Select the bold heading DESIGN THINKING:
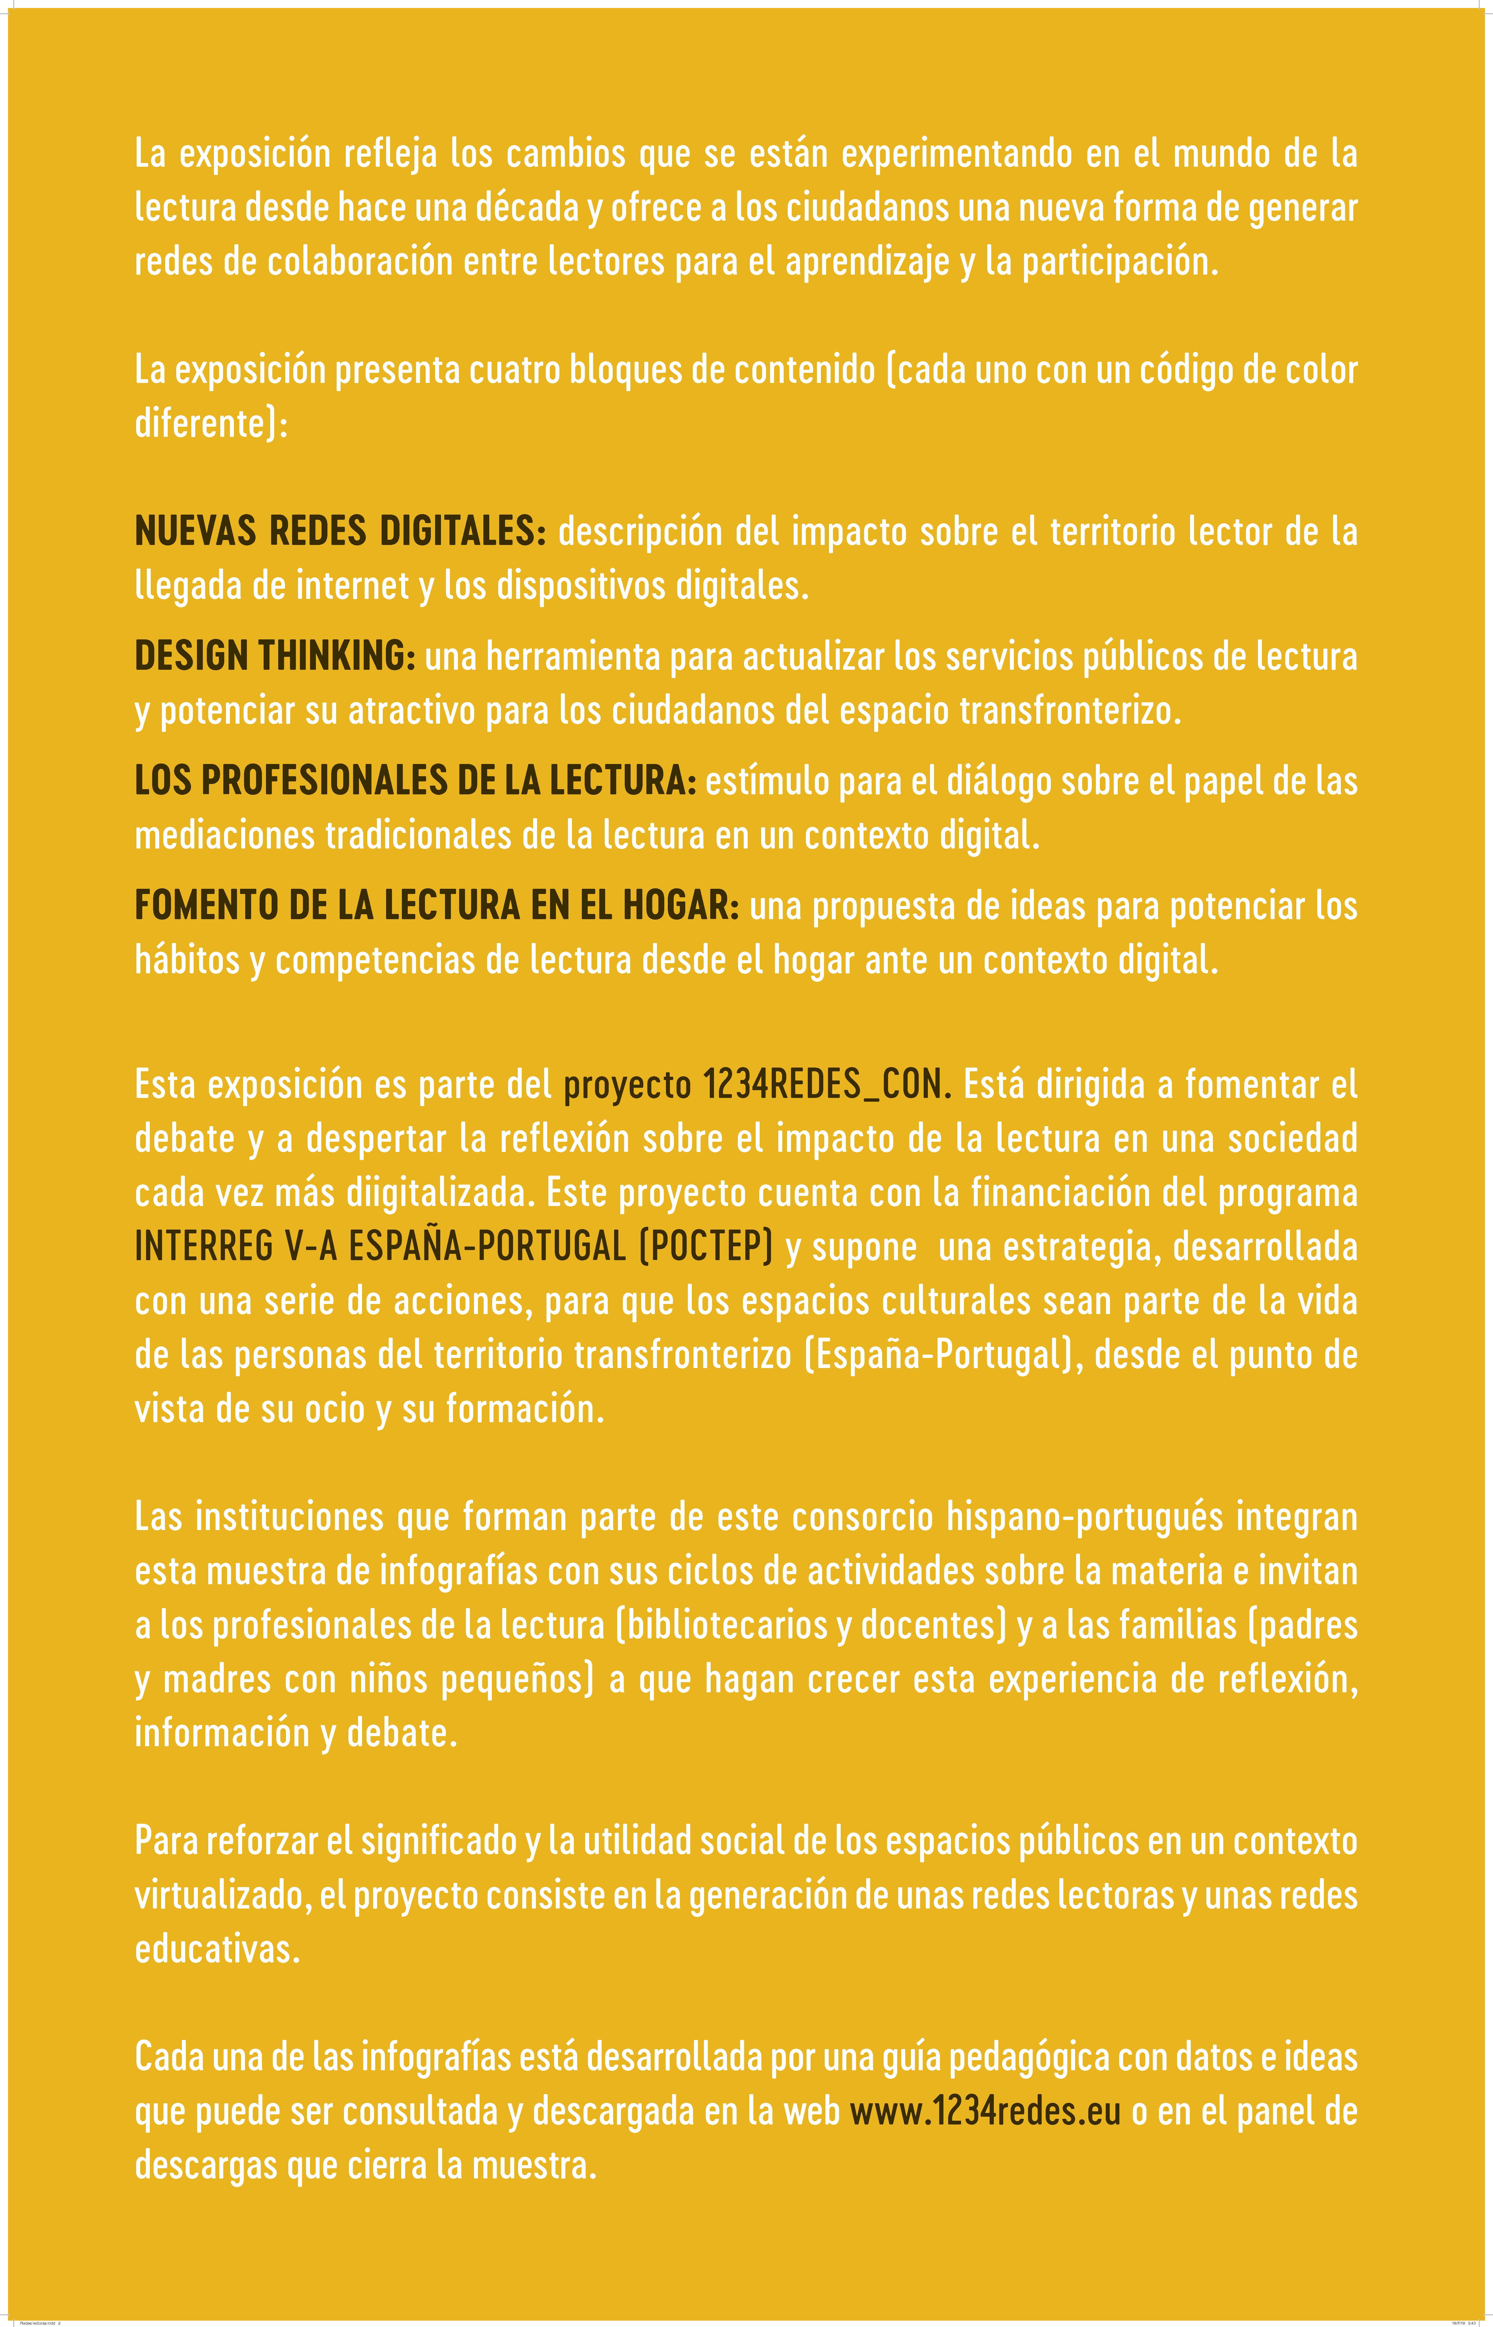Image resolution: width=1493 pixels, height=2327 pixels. click(x=274, y=656)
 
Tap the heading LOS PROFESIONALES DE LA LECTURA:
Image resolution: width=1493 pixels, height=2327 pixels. click(x=415, y=781)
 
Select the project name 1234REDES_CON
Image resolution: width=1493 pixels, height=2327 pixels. click(x=822, y=1084)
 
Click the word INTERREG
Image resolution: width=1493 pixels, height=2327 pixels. click(x=204, y=1246)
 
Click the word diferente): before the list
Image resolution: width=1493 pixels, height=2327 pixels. click(x=210, y=423)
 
